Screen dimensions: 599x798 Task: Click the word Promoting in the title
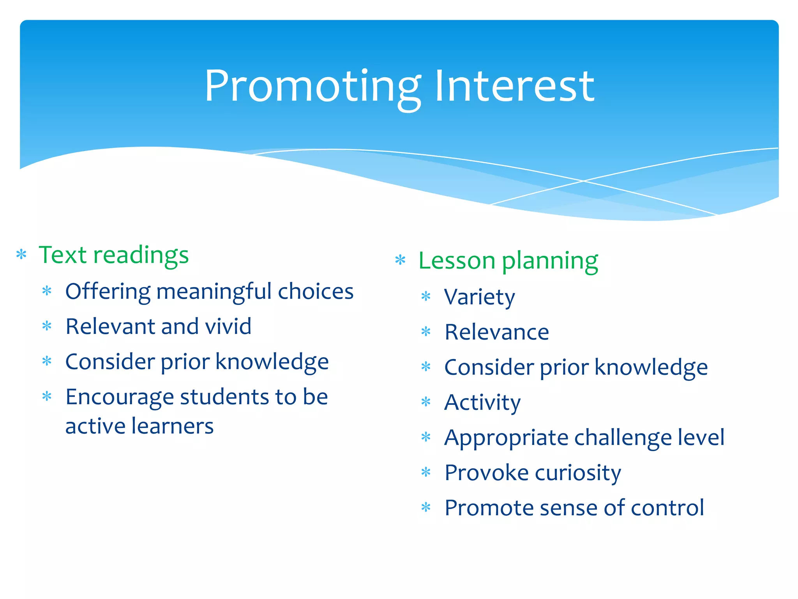point(312,87)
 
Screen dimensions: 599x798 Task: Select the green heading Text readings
point(114,255)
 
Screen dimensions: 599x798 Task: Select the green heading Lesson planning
point(508,261)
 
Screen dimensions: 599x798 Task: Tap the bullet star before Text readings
point(21,255)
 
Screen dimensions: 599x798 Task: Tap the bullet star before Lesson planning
point(400,260)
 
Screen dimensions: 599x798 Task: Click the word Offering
point(108,292)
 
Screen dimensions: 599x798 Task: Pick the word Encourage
point(119,397)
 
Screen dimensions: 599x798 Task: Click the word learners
point(172,426)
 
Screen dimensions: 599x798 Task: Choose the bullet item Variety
point(479,297)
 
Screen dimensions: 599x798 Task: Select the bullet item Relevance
point(496,332)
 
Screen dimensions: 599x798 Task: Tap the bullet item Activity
point(482,402)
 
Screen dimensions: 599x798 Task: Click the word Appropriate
point(506,438)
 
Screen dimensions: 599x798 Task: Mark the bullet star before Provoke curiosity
point(426,473)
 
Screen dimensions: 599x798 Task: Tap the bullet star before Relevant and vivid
point(47,326)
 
